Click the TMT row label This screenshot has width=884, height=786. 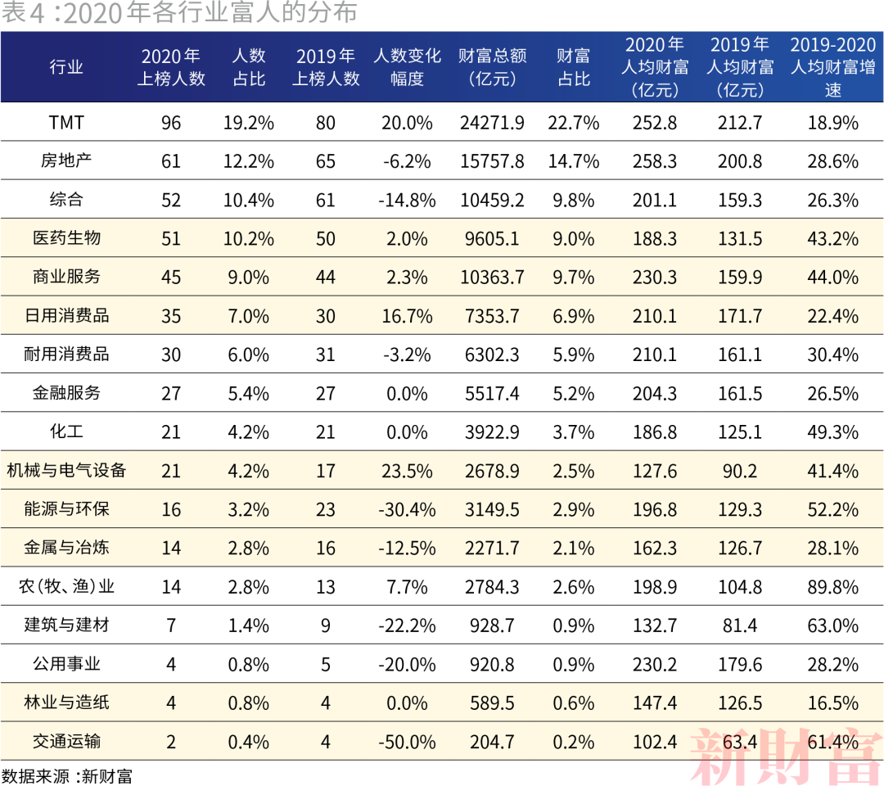(x=66, y=123)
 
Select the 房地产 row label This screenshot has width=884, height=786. (x=66, y=161)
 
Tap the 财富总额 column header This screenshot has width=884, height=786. (x=492, y=67)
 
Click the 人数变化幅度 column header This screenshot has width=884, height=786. (x=407, y=67)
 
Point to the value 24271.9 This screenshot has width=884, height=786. (x=492, y=123)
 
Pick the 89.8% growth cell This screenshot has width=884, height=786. (x=832, y=587)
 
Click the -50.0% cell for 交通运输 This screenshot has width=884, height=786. (x=407, y=742)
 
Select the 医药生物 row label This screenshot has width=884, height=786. (x=66, y=238)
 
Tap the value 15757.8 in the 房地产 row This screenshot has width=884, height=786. (x=492, y=161)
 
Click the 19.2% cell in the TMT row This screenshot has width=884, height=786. (x=248, y=123)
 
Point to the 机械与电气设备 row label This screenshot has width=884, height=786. (x=66, y=471)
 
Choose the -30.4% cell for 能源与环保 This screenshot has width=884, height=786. (x=407, y=509)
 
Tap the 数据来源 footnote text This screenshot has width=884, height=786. (x=66, y=775)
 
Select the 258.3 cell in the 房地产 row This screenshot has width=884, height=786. (x=655, y=161)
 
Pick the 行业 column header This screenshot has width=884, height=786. (x=66, y=67)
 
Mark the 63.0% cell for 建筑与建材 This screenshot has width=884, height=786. (x=832, y=626)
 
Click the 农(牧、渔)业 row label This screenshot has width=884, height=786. (x=66, y=587)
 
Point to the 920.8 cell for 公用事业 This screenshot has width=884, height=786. (x=492, y=664)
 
